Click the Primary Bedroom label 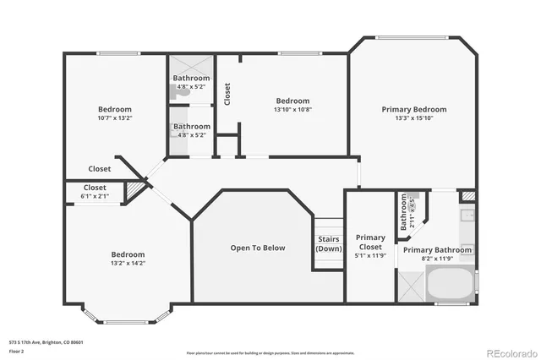coord(413,109)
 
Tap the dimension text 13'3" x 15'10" coord(413,119)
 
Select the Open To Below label coord(258,248)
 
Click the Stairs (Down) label coord(328,243)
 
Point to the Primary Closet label coord(369,242)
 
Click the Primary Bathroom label coord(437,250)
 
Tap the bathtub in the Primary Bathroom coord(451,286)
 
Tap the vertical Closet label coord(227,93)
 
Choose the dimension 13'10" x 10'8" coord(292,110)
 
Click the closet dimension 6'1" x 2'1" coord(95,196)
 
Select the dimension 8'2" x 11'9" coord(437,259)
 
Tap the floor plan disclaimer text coord(270,352)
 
